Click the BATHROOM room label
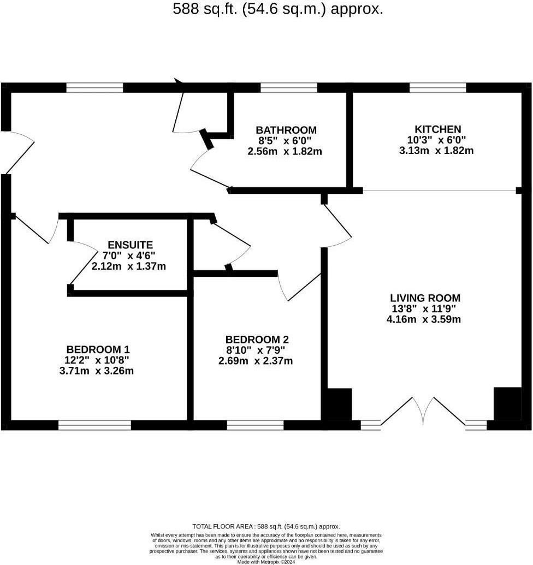tap(286, 130)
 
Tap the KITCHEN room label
tap(437, 129)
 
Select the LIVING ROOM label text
tap(425, 298)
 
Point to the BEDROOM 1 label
tap(98, 349)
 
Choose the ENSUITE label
tap(130, 245)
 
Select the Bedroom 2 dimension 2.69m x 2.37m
tap(256, 361)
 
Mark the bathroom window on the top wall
tap(289, 87)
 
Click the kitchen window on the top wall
tap(438, 87)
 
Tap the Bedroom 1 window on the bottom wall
tap(95, 425)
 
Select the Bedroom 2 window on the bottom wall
tap(256, 425)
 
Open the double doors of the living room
tap(423, 412)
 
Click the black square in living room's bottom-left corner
tap(339, 404)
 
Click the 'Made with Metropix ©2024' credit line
tap(266, 561)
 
